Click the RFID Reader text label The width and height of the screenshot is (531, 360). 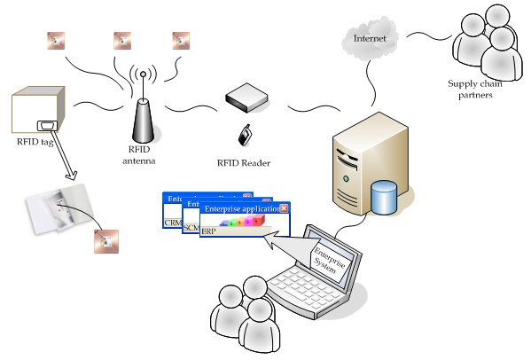coord(244,163)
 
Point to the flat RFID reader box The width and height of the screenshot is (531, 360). coord(246,100)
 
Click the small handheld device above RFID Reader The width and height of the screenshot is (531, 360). coord(244,136)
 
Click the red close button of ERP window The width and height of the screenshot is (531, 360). coord(284,209)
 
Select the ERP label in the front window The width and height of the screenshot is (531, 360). coord(208,231)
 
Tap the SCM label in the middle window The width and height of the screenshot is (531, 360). coord(190,228)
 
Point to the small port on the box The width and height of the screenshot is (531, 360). coord(47,126)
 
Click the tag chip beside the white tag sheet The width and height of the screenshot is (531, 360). coord(106,240)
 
